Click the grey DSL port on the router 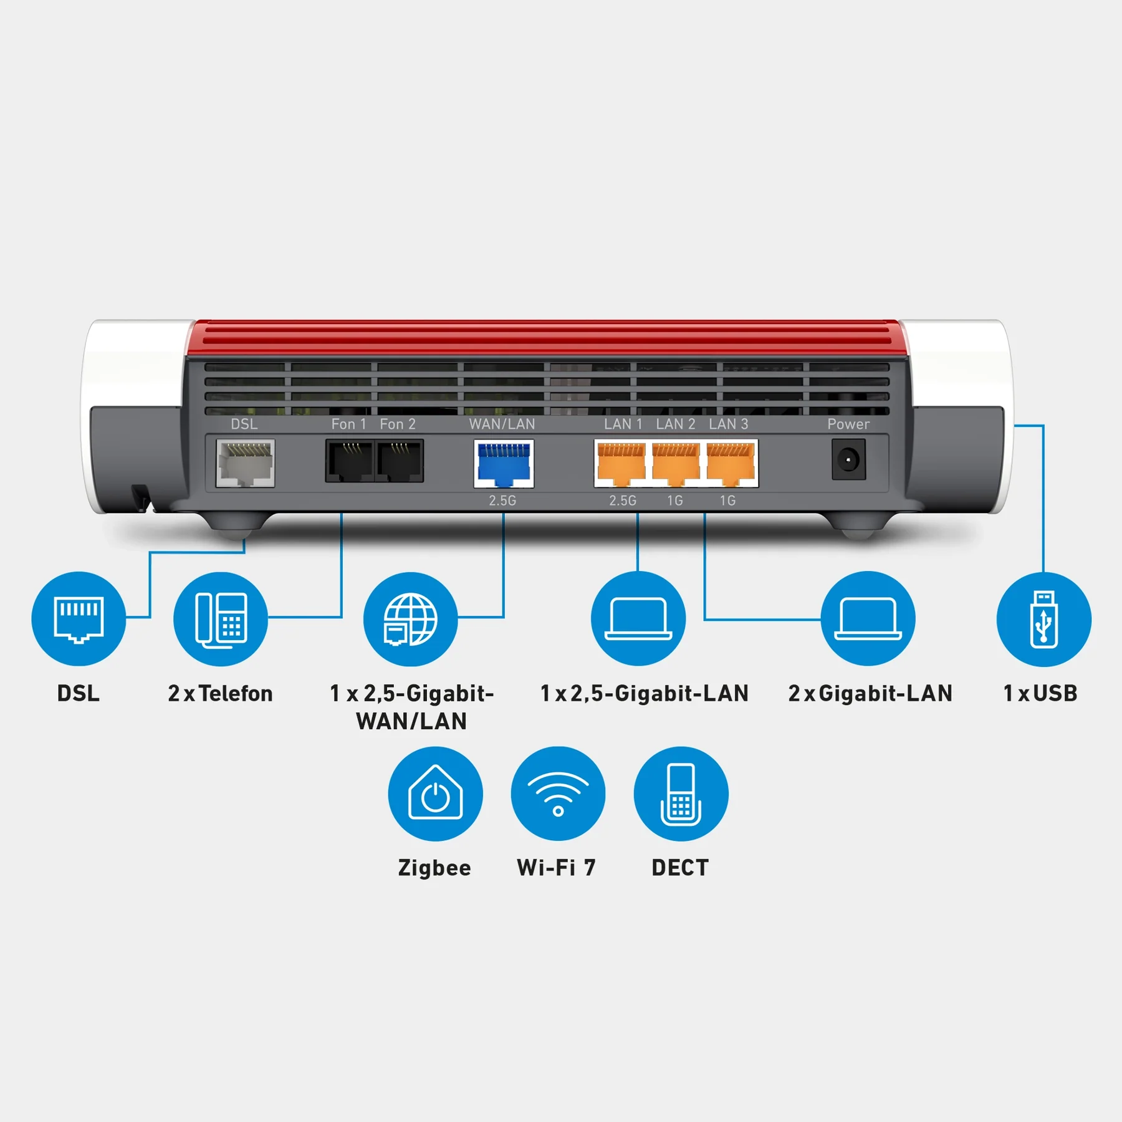point(245,463)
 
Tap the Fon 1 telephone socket point(349,461)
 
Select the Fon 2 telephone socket point(400,461)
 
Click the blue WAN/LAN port point(504,464)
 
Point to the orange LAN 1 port point(621,464)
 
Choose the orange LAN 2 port point(675,464)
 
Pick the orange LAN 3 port point(730,464)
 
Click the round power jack point(848,460)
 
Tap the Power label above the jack point(848,424)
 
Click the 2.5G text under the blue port point(502,501)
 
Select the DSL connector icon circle point(79,619)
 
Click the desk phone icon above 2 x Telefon point(221,619)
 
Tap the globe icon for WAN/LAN point(410,619)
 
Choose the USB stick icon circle point(1043,619)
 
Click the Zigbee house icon point(435,794)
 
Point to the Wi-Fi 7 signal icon point(558,794)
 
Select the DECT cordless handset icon point(681,794)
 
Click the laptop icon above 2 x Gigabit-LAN point(868,619)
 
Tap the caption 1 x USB point(1040,693)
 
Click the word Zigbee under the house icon point(434,868)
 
